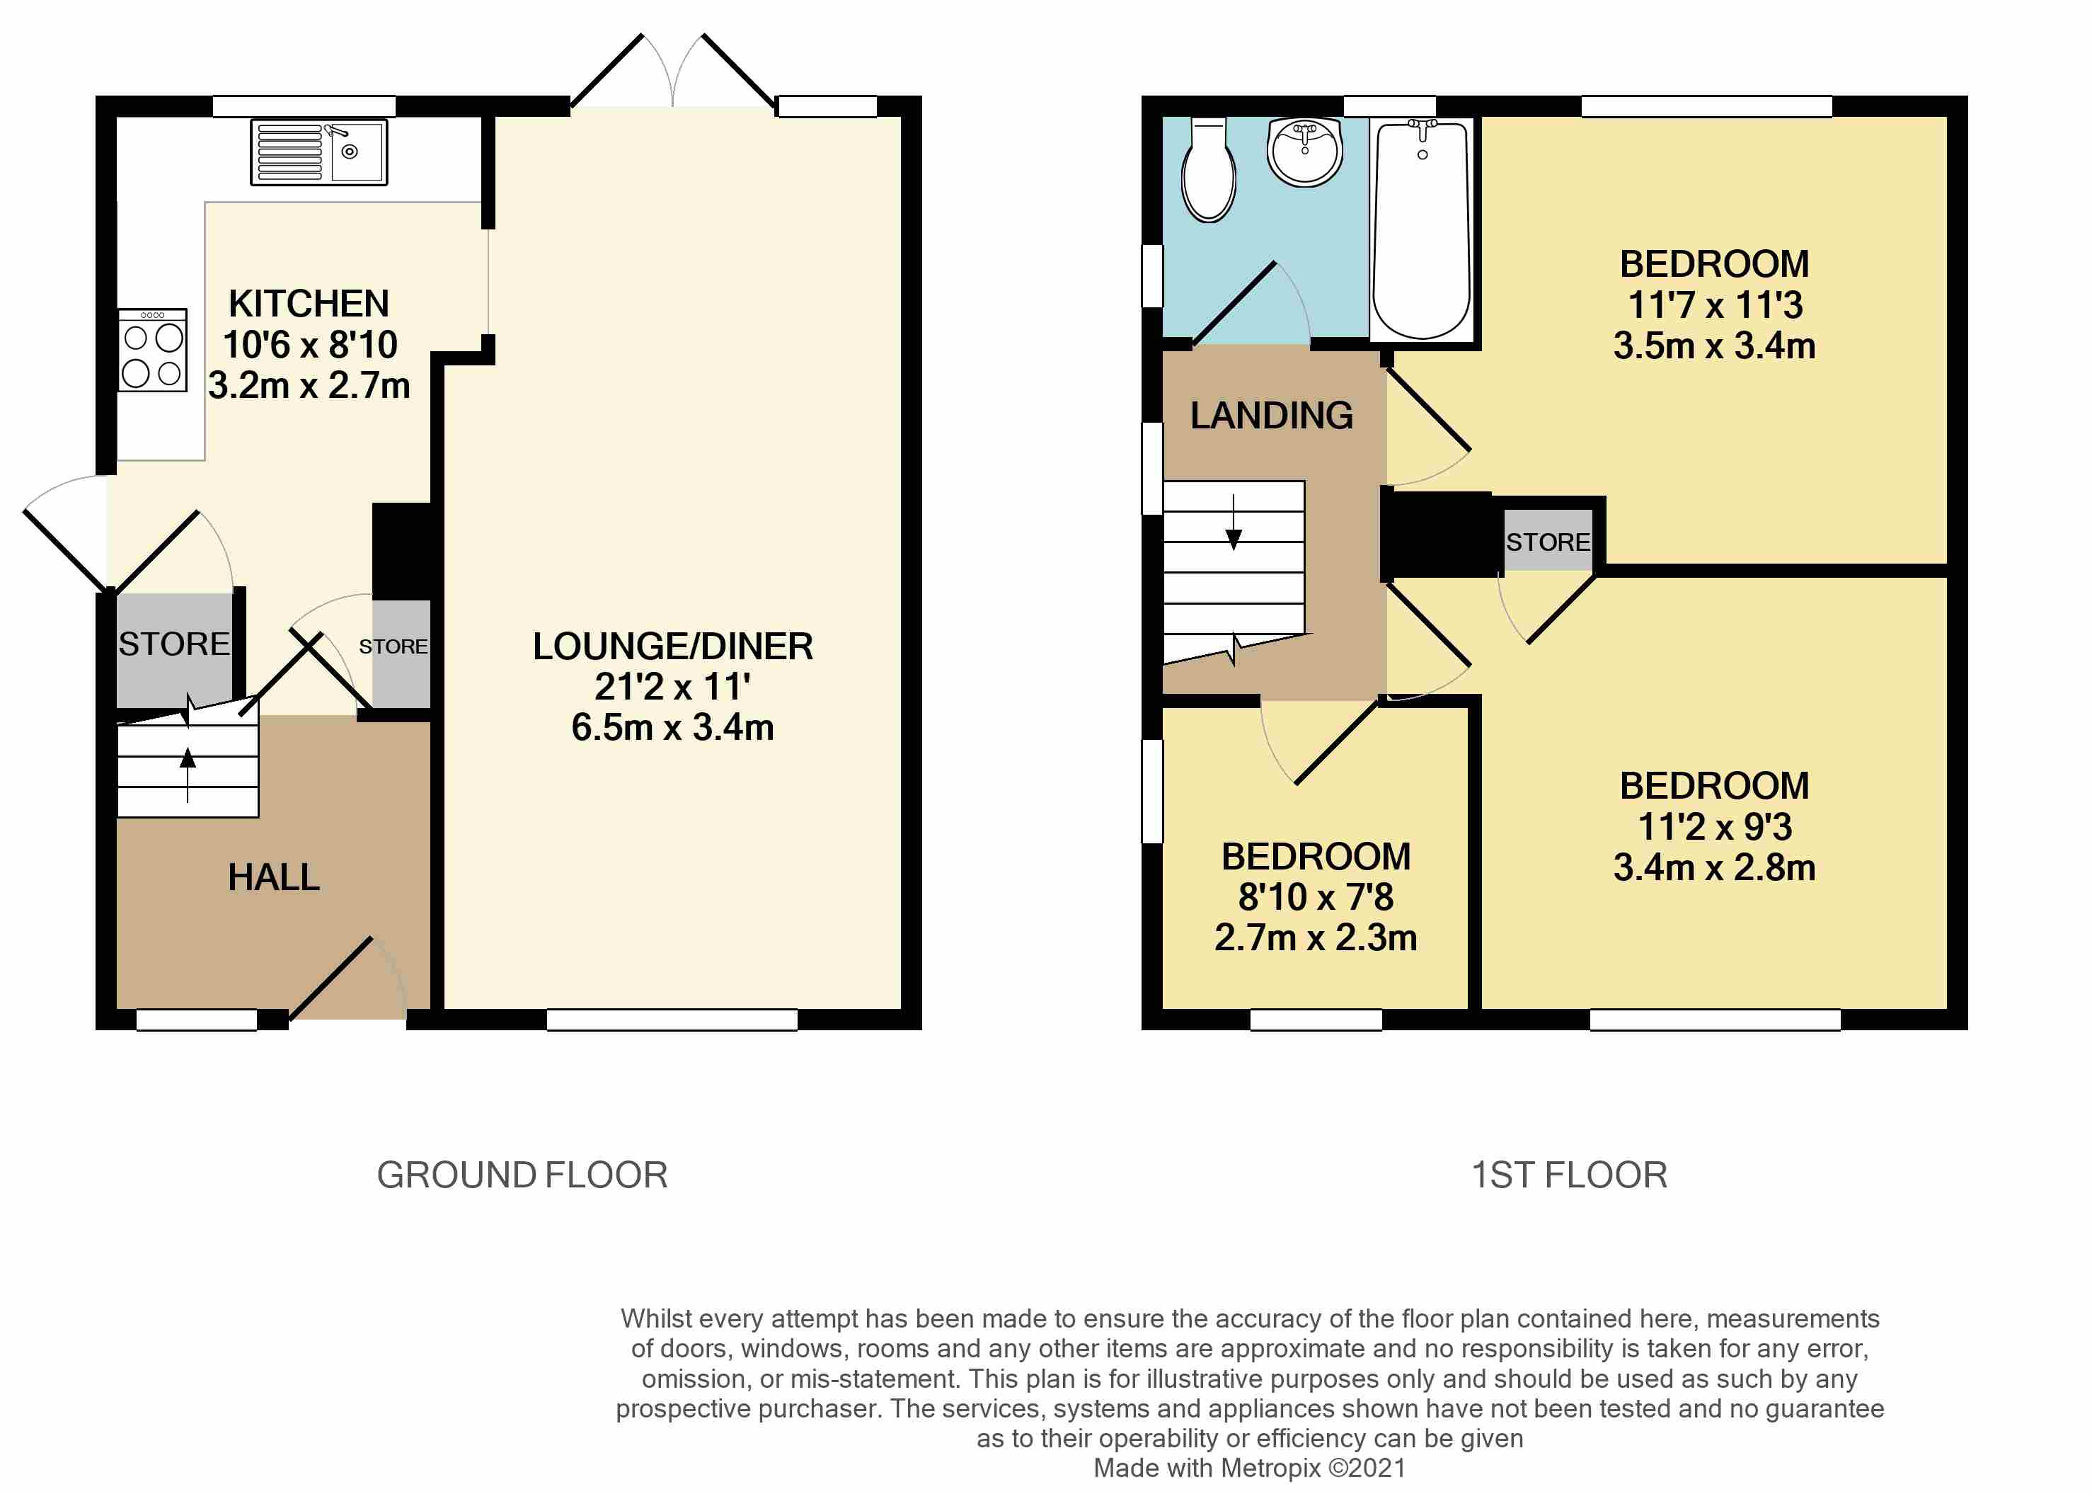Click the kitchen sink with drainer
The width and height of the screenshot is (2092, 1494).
click(x=319, y=152)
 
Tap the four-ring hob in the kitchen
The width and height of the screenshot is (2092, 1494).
click(x=153, y=350)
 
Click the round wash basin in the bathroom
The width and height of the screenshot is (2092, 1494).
click(x=1305, y=152)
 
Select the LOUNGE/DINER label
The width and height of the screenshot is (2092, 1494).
click(x=673, y=646)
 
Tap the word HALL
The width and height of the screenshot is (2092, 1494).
click(x=274, y=877)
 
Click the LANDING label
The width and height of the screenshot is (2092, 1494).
click(x=1272, y=415)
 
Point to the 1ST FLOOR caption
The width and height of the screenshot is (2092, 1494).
click(x=1569, y=1175)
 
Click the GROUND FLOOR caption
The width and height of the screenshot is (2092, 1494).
click(x=522, y=1175)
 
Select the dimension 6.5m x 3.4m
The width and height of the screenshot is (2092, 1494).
click(x=673, y=726)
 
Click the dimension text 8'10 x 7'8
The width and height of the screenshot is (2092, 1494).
click(x=1316, y=896)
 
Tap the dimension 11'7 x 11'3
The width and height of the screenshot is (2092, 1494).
click(x=1715, y=304)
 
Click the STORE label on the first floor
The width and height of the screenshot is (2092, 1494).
click(x=1548, y=542)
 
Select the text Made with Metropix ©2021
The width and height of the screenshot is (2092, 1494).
click(x=1250, y=1469)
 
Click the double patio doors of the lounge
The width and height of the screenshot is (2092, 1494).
click(x=673, y=71)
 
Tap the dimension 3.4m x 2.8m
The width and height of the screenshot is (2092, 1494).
click(x=1715, y=867)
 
